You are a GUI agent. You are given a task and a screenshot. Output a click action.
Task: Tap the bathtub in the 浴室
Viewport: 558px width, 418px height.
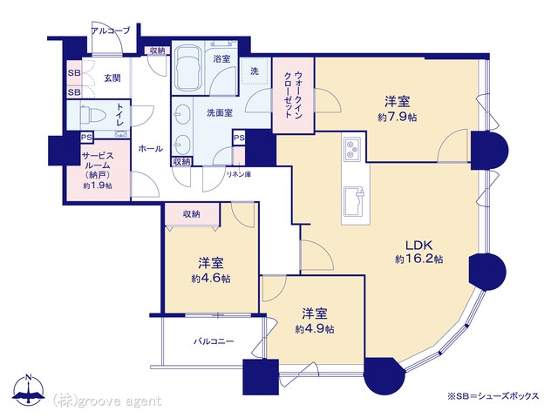point(188,68)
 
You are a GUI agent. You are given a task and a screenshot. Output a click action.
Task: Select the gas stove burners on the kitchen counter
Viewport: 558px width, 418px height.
point(352,149)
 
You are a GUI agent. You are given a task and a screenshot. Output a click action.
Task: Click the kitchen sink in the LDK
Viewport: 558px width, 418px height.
point(354,201)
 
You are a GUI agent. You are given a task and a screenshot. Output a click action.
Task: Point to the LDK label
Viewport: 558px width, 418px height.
point(419,245)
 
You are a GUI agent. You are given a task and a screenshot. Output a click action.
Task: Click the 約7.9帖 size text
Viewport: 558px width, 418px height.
point(398,118)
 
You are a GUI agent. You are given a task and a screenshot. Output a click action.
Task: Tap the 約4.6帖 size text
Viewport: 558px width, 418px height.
point(211,279)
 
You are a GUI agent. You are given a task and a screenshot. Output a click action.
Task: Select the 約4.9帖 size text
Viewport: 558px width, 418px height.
point(314,329)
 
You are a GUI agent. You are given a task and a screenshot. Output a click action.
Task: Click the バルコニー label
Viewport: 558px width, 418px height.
point(214,341)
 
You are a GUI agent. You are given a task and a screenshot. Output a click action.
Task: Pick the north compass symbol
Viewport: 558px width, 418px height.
point(28,389)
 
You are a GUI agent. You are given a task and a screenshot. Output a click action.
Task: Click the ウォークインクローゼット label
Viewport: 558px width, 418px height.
point(293,95)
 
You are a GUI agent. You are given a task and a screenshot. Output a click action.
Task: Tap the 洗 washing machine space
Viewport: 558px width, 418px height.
point(254,71)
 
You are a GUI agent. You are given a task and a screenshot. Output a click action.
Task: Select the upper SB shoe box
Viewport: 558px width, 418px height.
point(74,73)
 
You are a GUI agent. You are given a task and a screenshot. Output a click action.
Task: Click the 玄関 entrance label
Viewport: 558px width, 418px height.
point(112,78)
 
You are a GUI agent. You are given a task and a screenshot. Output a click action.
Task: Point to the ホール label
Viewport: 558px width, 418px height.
point(150,149)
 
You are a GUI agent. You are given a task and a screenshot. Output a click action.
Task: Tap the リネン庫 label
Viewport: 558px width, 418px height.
point(239,175)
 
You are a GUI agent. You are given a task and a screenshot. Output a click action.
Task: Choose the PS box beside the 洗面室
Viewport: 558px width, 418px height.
point(239,138)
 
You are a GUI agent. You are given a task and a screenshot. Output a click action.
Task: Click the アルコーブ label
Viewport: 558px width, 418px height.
point(111,30)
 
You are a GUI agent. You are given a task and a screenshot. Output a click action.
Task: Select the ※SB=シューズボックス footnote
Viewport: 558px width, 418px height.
point(493,396)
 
